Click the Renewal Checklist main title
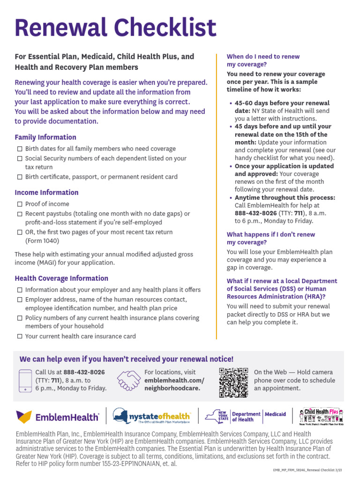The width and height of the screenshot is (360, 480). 115,28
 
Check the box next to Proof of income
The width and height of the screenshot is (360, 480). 20,204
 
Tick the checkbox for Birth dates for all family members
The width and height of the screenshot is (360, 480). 20,149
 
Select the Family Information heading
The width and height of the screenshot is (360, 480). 45,137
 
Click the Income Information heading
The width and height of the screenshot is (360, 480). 46,193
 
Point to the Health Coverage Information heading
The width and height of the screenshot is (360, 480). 61,278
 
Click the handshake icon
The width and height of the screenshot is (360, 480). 129,380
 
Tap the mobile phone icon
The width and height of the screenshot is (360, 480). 25,380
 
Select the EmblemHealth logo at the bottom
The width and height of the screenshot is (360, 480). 58,417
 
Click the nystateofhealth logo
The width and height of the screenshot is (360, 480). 152,416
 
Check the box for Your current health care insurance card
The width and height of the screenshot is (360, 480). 20,337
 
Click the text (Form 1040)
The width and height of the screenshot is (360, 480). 43,241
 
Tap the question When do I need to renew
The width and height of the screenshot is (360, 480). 263,60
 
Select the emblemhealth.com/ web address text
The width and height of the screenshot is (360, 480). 174,380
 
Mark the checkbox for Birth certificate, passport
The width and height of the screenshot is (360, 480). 20,177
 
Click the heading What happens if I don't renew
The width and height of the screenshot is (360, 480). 270,238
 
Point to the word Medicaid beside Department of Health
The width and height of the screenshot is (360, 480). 275,414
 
